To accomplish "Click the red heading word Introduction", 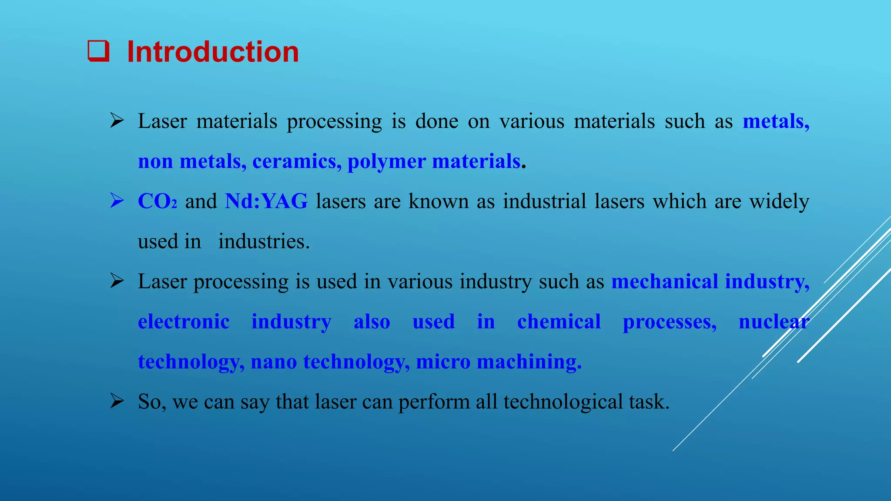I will pyautogui.click(x=213, y=52).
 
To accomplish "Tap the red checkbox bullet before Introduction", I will pyautogui.click(x=98, y=51).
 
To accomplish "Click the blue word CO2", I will pyautogui.click(x=157, y=201).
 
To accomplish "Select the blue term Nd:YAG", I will pyautogui.click(x=266, y=201).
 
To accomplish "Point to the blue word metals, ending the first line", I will pyautogui.click(x=776, y=121).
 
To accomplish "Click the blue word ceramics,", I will pyautogui.click(x=297, y=162).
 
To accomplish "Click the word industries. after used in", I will pyautogui.click(x=264, y=241).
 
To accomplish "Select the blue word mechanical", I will pyautogui.click(x=664, y=281).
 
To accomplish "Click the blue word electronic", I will pyautogui.click(x=184, y=322).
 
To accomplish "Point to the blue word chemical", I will pyautogui.click(x=559, y=322).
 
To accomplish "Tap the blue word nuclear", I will pyautogui.click(x=774, y=322).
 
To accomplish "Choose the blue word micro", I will pyautogui.click(x=443, y=362).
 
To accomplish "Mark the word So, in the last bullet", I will pyautogui.click(x=152, y=402).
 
